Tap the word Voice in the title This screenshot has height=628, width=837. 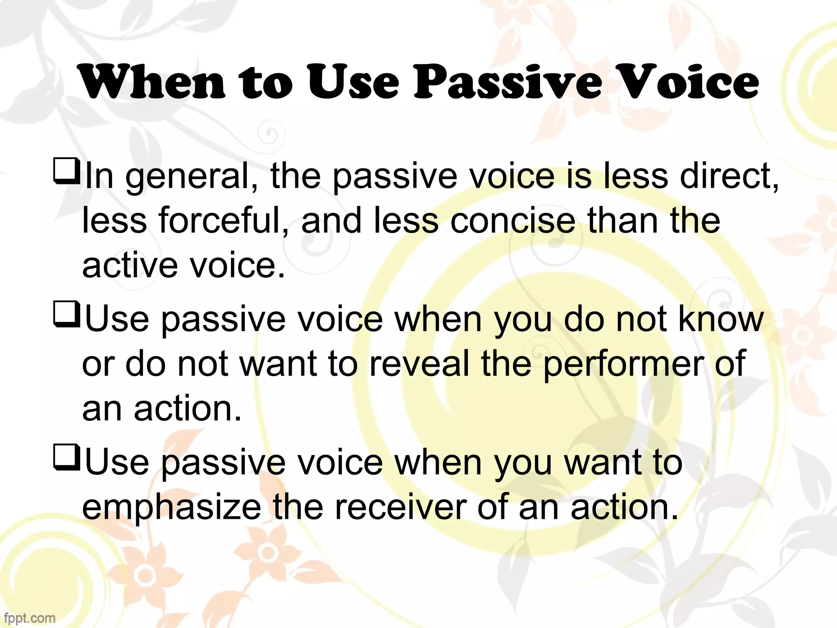(687, 82)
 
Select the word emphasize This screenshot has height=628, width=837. (172, 507)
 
